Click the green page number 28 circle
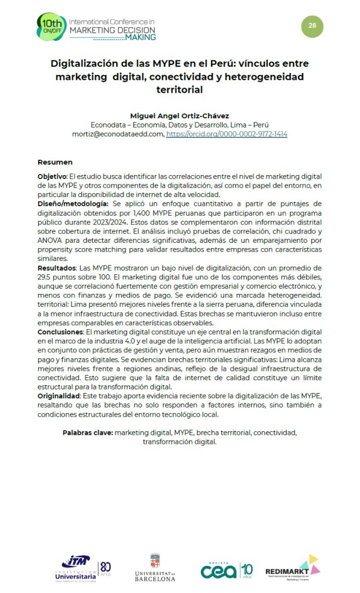point(312,26)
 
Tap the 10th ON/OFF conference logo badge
point(51,27)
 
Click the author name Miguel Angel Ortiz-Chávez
point(179,115)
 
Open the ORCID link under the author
point(227,134)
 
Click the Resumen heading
point(55,162)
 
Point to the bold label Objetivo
point(52,176)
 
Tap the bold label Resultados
point(57,269)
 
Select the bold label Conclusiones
point(60,332)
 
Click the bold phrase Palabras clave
point(88,432)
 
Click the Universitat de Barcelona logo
point(154,567)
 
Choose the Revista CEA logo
point(227,570)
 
